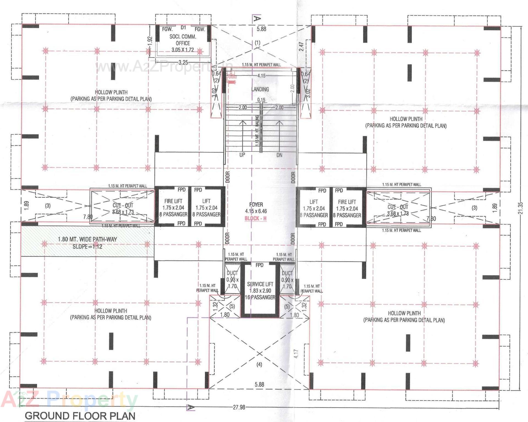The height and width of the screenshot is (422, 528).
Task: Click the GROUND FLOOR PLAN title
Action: click(80, 416)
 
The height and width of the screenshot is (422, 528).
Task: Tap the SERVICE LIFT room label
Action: click(260, 284)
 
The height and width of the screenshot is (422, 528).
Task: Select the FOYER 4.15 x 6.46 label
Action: click(256, 208)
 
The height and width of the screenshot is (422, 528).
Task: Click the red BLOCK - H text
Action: click(255, 219)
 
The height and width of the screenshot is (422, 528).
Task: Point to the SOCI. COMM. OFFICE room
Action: click(183, 40)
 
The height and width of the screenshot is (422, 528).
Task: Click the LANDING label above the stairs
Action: click(260, 89)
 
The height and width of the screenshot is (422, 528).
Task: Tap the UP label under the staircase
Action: click(242, 155)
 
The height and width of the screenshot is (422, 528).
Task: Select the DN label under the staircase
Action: click(279, 155)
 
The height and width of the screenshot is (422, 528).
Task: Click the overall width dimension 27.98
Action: click(239, 407)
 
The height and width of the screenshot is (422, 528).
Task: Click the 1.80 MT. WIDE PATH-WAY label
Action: click(87, 239)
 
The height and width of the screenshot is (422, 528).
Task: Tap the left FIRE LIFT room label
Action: click(173, 201)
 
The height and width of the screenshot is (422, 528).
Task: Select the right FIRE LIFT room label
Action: click(347, 202)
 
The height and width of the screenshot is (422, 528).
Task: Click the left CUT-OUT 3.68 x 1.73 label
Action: click(123, 208)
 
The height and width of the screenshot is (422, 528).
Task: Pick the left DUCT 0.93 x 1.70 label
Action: click(232, 279)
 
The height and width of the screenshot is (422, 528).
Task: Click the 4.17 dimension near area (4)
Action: click(296, 354)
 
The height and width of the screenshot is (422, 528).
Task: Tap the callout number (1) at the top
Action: click(257, 43)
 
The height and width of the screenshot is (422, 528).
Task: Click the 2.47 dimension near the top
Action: click(301, 46)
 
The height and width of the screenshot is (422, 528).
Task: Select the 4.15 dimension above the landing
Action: click(261, 76)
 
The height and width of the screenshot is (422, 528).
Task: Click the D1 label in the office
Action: click(183, 27)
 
